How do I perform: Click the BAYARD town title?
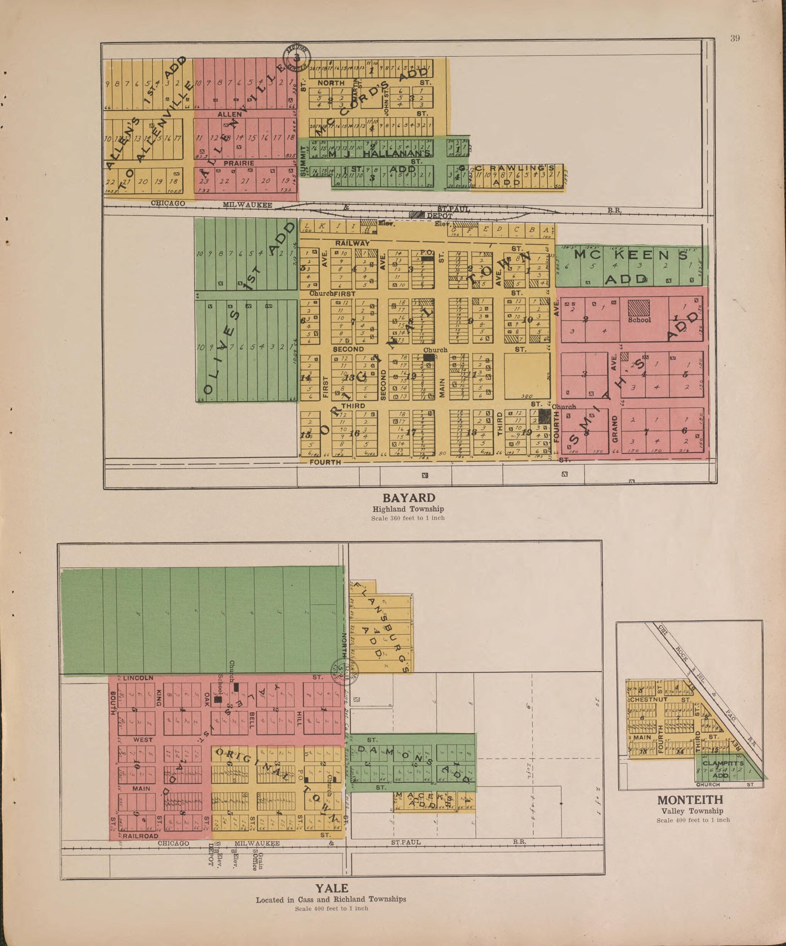click(409, 498)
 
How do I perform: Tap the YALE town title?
click(331, 888)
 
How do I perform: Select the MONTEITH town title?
click(690, 800)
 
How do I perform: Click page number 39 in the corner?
click(735, 38)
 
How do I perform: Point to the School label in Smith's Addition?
click(639, 320)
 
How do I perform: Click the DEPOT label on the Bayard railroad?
click(439, 216)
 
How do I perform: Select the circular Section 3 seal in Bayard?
click(297, 56)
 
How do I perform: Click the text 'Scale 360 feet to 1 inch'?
click(408, 518)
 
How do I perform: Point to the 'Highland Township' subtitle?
click(408, 509)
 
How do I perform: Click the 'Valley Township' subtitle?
click(692, 811)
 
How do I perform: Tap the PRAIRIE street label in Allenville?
click(239, 163)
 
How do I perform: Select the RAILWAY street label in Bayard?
click(352, 243)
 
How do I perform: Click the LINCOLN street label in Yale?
click(138, 678)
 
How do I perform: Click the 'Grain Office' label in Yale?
click(257, 861)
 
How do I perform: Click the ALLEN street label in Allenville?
click(230, 115)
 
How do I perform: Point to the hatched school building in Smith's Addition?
click(639, 308)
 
